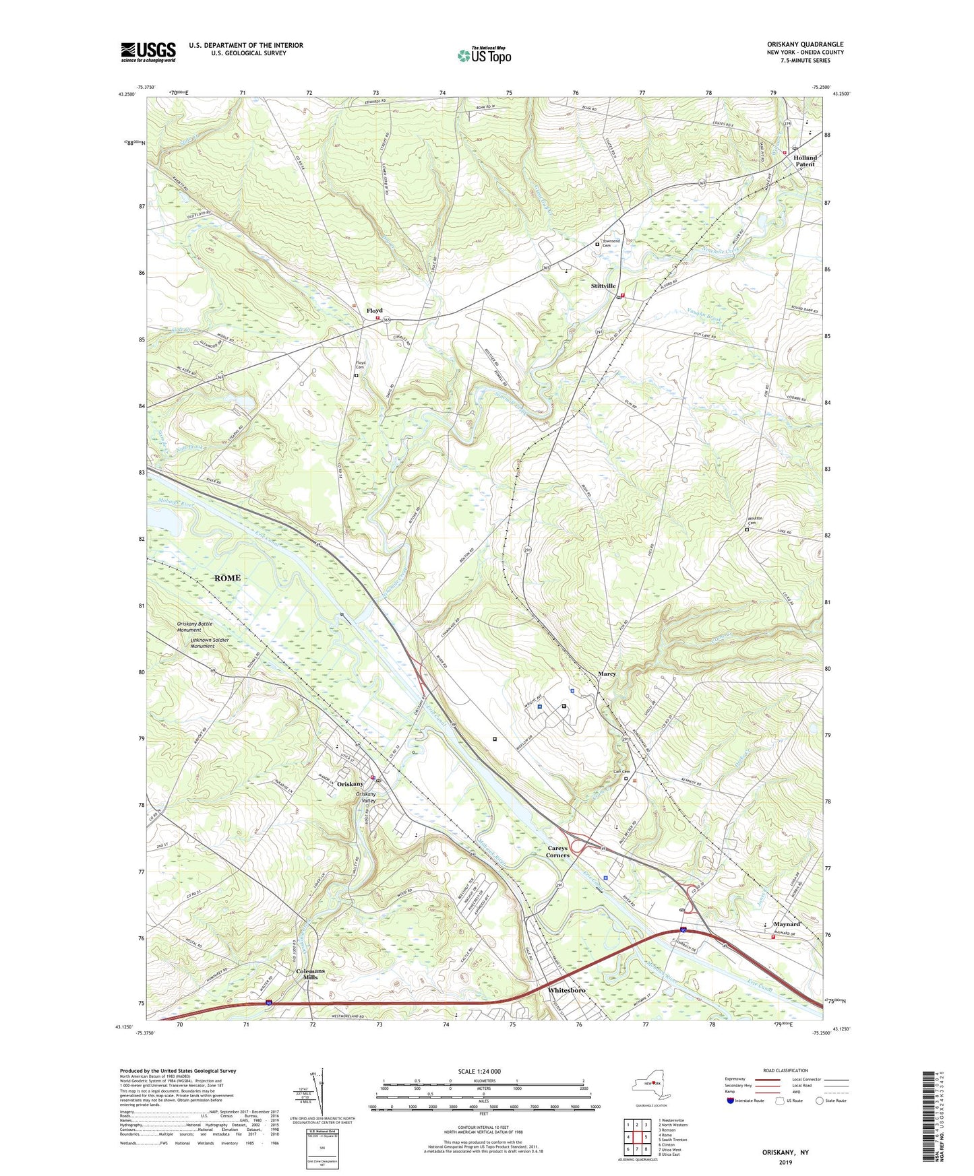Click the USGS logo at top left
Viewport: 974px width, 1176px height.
coord(148,52)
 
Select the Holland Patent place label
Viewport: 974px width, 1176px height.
coord(805,161)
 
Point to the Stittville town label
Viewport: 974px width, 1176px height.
coord(603,286)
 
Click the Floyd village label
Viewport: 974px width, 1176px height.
coord(374,311)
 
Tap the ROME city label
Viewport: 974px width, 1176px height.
coord(227,578)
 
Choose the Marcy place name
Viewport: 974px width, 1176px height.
coord(607,674)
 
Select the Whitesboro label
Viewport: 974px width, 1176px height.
coord(566,990)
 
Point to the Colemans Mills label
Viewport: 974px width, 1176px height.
coord(310,974)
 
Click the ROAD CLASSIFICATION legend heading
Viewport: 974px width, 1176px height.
coord(785,1070)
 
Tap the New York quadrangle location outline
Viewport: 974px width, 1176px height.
coord(650,1086)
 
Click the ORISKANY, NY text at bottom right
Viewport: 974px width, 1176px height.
coord(785,1152)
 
